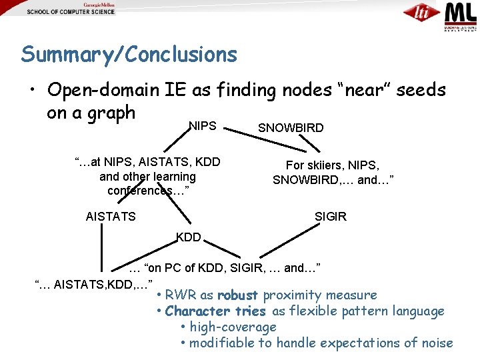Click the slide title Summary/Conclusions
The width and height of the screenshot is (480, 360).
(129, 54)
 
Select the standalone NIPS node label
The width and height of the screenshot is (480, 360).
(203, 125)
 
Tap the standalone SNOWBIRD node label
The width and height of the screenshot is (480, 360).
(291, 128)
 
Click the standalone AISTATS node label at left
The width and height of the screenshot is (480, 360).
(111, 216)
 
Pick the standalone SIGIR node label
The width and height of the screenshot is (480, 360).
(331, 217)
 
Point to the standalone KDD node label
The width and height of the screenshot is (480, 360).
(189, 237)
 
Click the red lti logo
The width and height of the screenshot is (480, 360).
(422, 13)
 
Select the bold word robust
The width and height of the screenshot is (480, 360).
(238, 295)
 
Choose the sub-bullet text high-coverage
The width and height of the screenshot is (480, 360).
(233, 327)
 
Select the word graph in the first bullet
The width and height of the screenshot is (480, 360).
(110, 113)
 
